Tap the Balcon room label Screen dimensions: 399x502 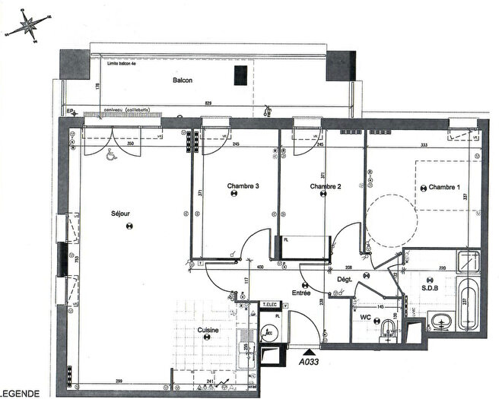[182, 80]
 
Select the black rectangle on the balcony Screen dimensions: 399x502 [240, 75]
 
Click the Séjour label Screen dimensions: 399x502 [120, 214]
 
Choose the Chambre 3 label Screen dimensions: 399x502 [243, 185]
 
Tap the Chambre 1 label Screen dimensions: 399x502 [444, 187]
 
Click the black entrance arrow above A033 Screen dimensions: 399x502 [307, 352]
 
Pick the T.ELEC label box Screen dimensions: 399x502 [268, 305]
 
